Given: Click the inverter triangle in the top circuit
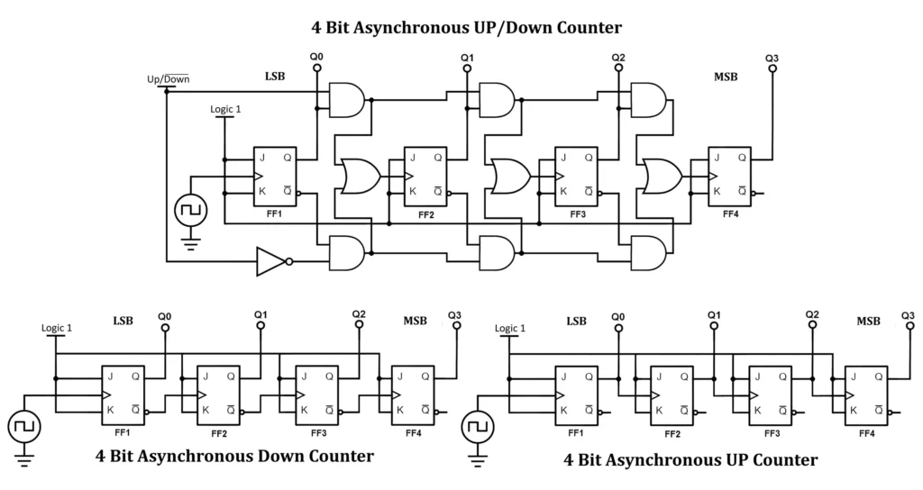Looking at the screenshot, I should [x=271, y=261].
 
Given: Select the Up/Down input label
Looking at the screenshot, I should [x=168, y=79].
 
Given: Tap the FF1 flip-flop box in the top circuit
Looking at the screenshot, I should [x=275, y=176].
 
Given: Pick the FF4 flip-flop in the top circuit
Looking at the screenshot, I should [x=729, y=176].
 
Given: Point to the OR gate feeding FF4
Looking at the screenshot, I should [x=658, y=177].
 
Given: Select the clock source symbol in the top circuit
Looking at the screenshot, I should [x=190, y=210].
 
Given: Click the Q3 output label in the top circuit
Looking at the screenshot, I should [x=772, y=59].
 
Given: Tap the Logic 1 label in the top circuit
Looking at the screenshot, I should [x=225, y=109].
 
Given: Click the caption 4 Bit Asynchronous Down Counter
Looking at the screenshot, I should [x=234, y=456].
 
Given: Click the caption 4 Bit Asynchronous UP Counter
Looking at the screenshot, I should [x=690, y=459].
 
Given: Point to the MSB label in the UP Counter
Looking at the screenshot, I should [x=868, y=322].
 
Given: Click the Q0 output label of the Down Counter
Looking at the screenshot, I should [x=164, y=316].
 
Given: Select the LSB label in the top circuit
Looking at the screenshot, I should [x=275, y=77].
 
